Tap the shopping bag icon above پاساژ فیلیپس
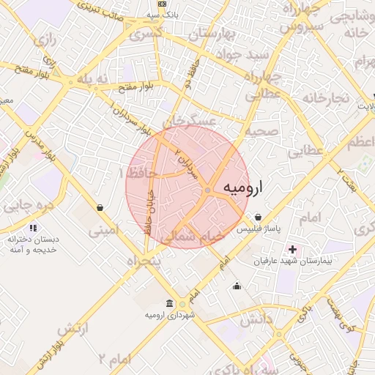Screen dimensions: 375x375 pos(259,218)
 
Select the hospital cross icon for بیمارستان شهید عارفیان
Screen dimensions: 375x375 pos(293,250)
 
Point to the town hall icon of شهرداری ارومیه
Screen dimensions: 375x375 pos(170,303)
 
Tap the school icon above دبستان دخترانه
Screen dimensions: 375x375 pos(34,228)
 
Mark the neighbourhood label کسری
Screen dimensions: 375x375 pos(146,34)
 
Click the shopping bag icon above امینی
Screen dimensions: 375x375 pos(100,208)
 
